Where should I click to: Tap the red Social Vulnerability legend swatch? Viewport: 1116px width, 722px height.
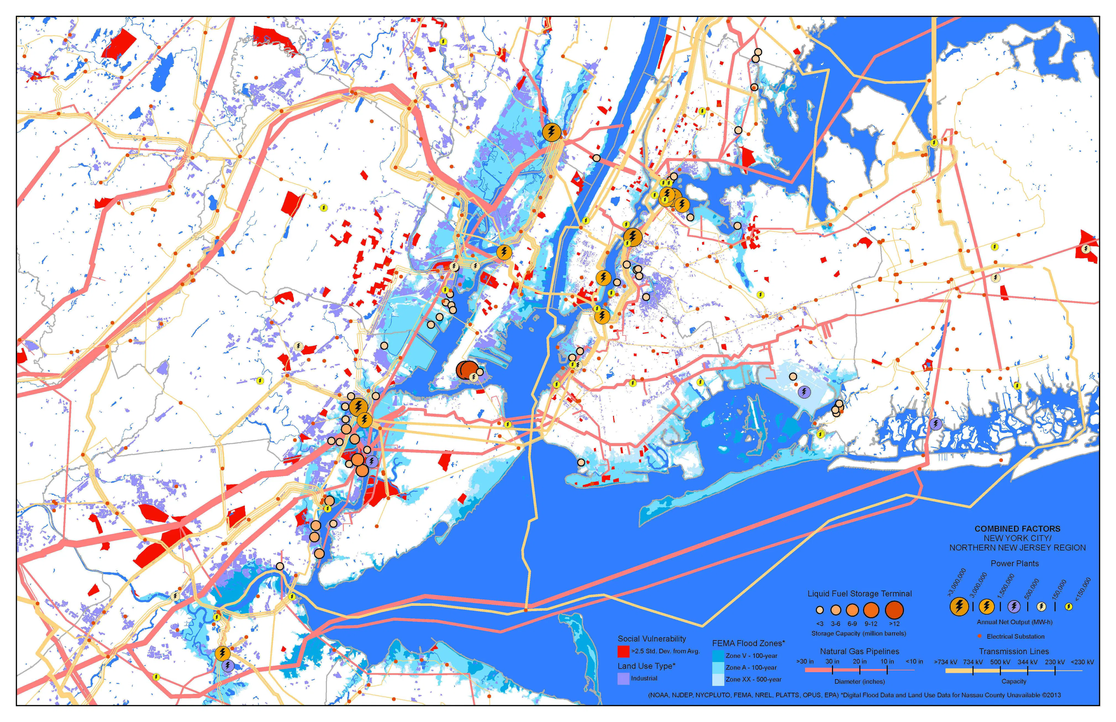pos(623,651)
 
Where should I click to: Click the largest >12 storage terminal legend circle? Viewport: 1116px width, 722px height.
pos(894,610)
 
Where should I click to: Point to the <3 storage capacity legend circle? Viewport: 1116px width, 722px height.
pos(820,610)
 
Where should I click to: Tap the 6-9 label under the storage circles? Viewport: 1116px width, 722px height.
pos(852,624)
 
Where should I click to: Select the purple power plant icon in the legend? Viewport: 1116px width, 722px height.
pos(1014,607)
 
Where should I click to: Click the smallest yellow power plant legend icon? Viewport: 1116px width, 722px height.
pos(1069,607)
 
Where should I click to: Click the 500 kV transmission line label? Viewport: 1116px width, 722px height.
pos(1000,662)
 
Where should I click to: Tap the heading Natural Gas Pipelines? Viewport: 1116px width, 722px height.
pos(859,651)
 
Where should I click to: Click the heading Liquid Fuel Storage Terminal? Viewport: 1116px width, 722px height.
pos(859,594)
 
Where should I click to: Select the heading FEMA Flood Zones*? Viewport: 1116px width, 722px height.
pos(748,643)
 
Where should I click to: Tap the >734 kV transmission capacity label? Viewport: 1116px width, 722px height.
pos(945,662)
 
